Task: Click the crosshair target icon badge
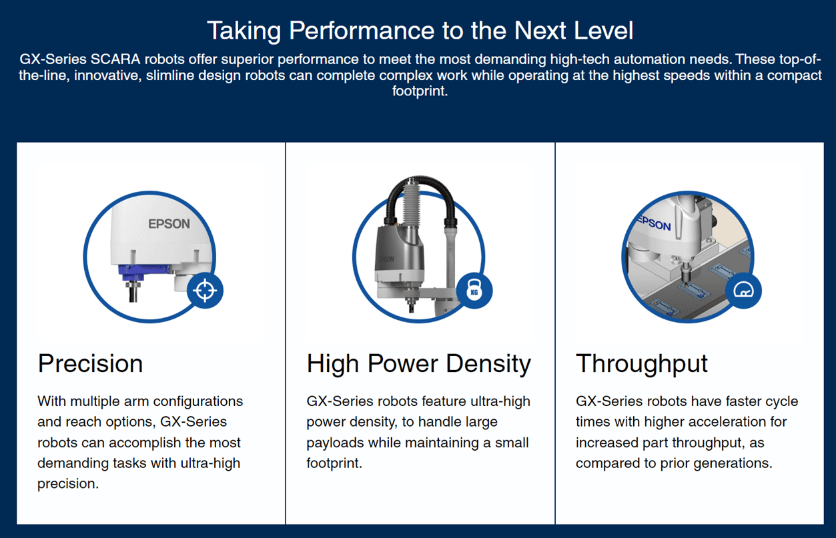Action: coord(205,291)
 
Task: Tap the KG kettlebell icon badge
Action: coord(474,291)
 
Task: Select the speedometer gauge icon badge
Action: coord(743,291)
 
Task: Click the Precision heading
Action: coord(90,363)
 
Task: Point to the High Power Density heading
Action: coord(419,364)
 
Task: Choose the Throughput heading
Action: coord(642,364)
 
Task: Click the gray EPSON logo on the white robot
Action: coord(169,224)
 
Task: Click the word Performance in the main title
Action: coord(362,30)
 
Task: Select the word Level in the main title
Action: coord(604,30)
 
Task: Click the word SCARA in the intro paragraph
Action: coord(115,59)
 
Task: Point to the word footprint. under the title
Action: coord(420,91)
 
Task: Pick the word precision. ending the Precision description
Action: coord(68,484)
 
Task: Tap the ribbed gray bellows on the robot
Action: coord(412,203)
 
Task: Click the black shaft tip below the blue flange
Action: coord(133,292)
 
